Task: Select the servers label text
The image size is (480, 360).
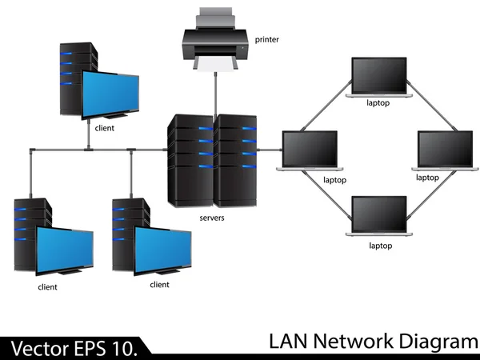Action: pyautogui.click(x=212, y=218)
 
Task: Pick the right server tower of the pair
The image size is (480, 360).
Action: pyautogui.click(x=237, y=160)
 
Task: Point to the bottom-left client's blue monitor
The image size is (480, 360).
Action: pyautogui.click(x=63, y=248)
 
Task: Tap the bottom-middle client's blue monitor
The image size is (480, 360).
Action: pyautogui.click(x=163, y=247)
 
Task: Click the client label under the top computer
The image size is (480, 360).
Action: pyautogui.click(x=104, y=127)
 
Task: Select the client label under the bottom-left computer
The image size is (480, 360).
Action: pyautogui.click(x=47, y=286)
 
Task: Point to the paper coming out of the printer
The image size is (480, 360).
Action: pyautogui.click(x=214, y=64)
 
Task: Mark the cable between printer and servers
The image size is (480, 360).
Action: pyautogui.click(x=214, y=92)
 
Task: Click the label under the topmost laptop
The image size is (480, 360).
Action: pyautogui.click(x=378, y=102)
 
